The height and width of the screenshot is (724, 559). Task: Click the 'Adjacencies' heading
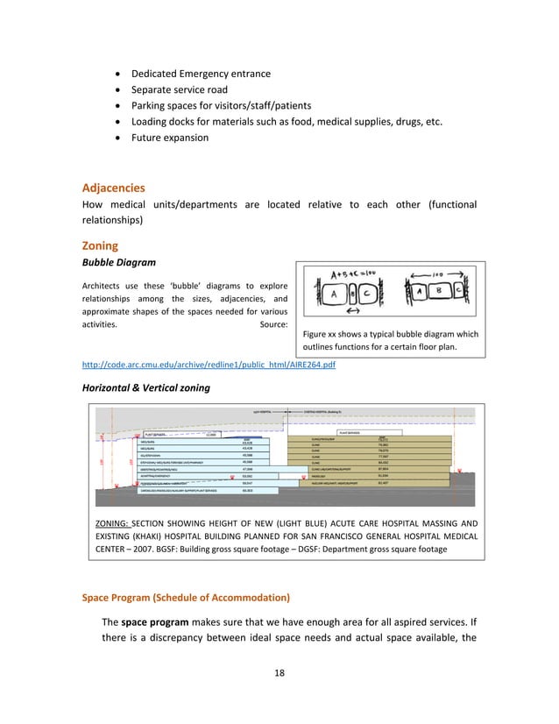[x=114, y=188]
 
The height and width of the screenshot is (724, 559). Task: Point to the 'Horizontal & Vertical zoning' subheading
[x=145, y=387]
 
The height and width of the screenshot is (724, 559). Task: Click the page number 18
[x=279, y=672]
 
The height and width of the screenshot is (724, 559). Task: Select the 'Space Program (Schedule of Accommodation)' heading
[x=186, y=598]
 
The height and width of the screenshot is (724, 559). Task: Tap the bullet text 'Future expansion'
[x=170, y=138]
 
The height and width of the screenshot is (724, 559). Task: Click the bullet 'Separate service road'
[x=180, y=89]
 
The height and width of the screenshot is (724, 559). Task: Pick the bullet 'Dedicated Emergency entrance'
[x=201, y=74]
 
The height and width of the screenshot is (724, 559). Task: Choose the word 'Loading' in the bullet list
[x=151, y=122]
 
